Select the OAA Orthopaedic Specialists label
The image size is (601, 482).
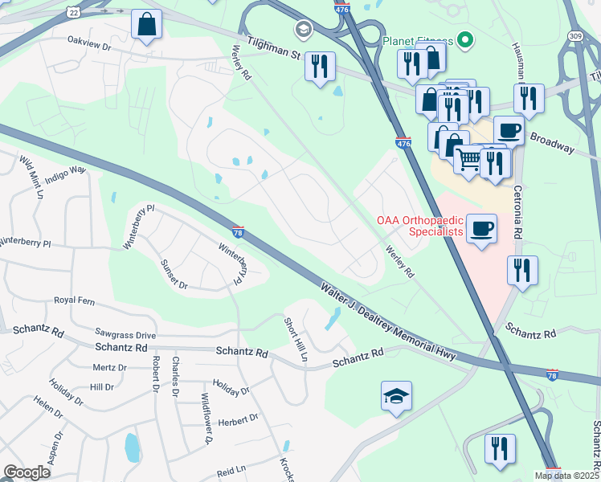[x=420, y=226]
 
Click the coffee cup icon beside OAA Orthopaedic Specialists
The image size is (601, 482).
[x=482, y=228]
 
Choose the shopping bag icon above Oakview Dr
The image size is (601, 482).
[x=148, y=26]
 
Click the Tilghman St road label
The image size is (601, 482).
[x=273, y=50]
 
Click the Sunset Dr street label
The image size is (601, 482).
[x=174, y=274]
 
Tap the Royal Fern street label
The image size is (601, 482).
[x=74, y=300]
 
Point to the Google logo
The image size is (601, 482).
[x=27, y=472]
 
